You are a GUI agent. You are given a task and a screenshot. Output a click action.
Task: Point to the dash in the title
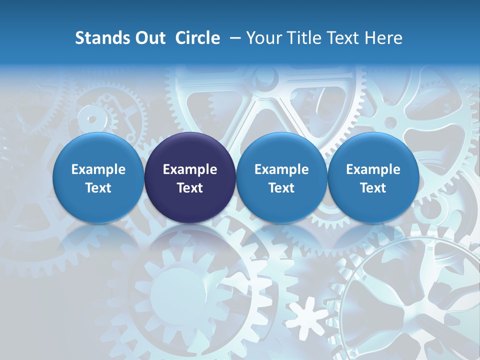coord(233,38)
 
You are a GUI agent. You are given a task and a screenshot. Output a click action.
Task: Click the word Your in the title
coord(263,38)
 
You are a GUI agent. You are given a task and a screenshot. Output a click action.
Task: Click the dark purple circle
coord(190,178)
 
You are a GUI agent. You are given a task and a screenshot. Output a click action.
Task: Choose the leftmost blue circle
coord(98,178)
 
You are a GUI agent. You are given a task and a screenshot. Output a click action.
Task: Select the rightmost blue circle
coord(373,178)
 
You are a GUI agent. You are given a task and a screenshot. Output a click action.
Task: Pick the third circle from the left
coord(281,178)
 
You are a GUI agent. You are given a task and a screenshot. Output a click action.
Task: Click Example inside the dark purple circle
coord(190,169)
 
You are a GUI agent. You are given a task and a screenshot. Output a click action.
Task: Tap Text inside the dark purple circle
coord(190,188)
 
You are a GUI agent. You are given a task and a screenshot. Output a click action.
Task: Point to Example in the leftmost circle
coord(98,169)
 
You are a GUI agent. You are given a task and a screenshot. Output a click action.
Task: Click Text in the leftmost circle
coord(98,188)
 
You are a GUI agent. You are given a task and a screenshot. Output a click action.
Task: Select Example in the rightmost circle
coord(373,169)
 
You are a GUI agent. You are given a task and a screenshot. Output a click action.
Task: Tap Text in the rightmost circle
coord(373,188)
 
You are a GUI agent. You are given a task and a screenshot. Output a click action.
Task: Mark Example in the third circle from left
coord(281,169)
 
